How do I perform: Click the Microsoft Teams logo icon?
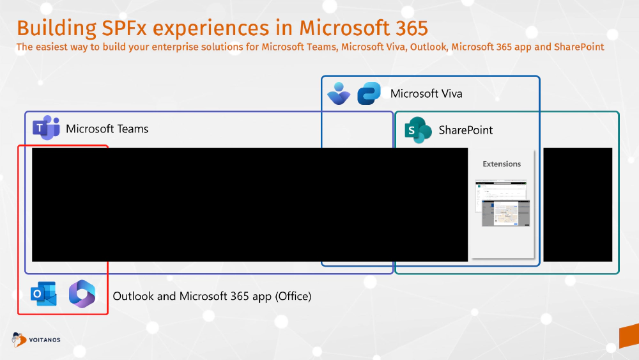point(45,129)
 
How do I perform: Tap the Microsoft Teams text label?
point(107,129)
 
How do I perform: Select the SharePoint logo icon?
point(419,130)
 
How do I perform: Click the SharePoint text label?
point(465,130)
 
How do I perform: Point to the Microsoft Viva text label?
point(426,94)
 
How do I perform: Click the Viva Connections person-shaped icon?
point(338,93)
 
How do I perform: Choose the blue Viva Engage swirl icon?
point(369,93)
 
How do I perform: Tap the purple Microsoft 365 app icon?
point(82,294)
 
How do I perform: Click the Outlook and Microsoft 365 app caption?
point(212,296)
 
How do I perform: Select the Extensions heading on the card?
point(502,164)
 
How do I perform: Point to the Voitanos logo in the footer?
point(36,340)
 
